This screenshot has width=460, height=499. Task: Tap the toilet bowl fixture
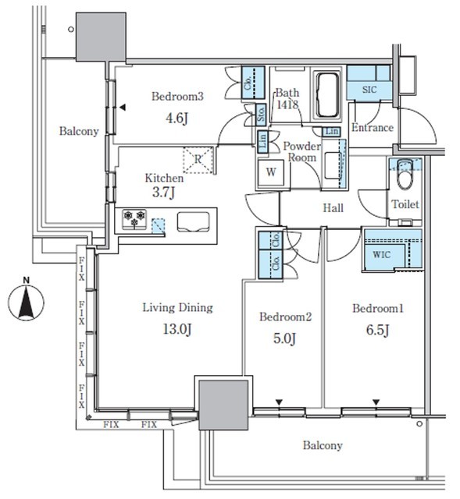(405, 175)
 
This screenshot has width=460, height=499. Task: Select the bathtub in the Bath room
(326, 94)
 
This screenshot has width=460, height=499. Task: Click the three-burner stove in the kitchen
(134, 219)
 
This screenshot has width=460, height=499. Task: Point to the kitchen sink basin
(194, 221)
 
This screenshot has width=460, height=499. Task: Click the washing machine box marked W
(271, 172)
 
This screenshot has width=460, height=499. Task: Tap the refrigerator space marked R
(198, 160)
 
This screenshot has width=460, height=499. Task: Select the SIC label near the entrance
(369, 90)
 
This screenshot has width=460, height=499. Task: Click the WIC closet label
(381, 255)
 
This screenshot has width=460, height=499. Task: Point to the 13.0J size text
(177, 329)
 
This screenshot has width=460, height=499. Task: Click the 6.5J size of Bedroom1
(378, 330)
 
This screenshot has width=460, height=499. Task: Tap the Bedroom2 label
(285, 317)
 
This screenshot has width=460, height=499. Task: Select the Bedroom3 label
(177, 96)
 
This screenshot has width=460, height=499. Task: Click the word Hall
(333, 208)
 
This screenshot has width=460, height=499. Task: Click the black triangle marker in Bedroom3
(123, 108)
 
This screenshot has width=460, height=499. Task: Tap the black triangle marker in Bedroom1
(376, 402)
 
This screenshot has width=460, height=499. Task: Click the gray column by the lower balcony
(223, 405)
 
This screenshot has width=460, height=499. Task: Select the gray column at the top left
(101, 37)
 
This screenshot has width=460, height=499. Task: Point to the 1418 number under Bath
(287, 104)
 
